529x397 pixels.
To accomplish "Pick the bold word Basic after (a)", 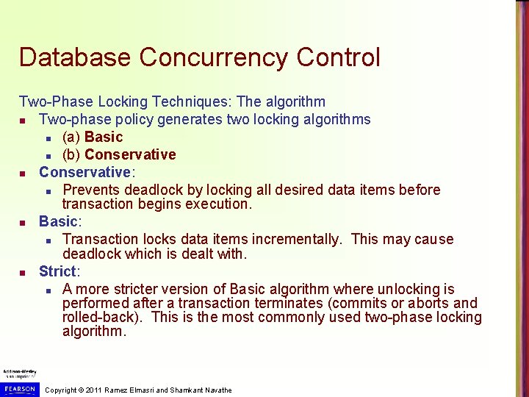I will point(104,137).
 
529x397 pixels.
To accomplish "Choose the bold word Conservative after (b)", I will point(130,154).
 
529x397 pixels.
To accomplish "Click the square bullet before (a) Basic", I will point(48,137).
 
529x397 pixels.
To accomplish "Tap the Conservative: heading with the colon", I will point(87,172).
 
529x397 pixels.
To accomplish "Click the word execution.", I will point(218,204).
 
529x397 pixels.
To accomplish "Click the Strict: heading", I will point(60,271).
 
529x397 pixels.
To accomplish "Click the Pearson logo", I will point(20,387).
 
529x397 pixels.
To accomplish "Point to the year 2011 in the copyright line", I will point(94,390).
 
